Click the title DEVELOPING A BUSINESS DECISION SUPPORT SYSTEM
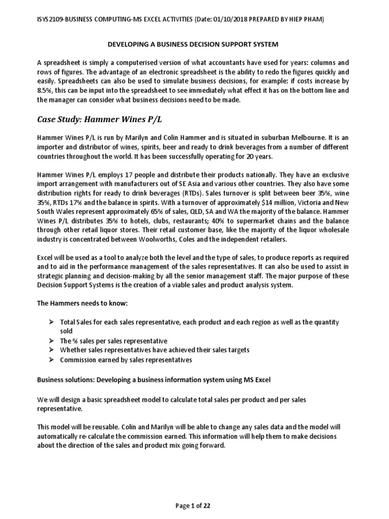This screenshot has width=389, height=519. (194, 45)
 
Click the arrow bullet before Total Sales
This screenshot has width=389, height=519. (52, 322)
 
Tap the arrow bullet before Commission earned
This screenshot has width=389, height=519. (52, 360)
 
